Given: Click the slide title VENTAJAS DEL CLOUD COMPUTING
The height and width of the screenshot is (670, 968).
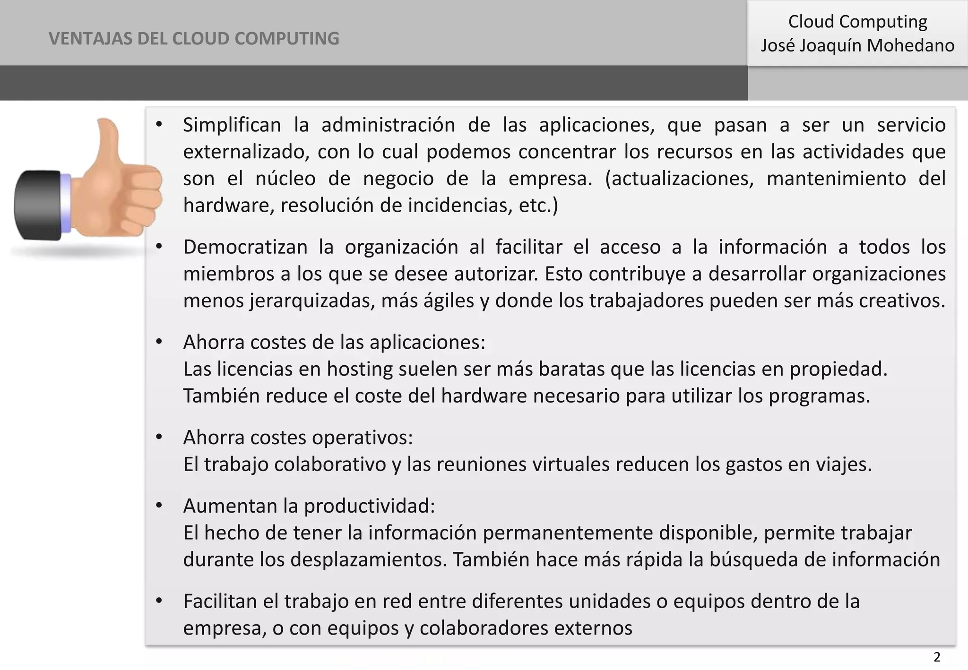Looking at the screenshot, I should point(194,38).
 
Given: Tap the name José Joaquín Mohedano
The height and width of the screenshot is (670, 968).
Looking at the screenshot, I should point(857,46).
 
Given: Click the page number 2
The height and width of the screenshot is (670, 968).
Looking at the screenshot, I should point(937,657).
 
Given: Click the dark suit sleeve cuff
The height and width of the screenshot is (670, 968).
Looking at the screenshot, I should point(38,205).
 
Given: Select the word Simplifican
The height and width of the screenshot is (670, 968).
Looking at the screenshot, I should point(232,125).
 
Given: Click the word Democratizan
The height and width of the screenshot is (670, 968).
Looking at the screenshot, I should point(245,247).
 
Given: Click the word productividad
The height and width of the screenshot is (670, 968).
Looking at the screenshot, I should point(369,506).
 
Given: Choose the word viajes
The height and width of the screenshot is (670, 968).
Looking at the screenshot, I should point(843,464).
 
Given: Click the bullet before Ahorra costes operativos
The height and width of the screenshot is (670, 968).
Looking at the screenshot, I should point(159,438).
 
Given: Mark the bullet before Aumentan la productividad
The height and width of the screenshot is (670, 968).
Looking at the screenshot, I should point(159,506).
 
